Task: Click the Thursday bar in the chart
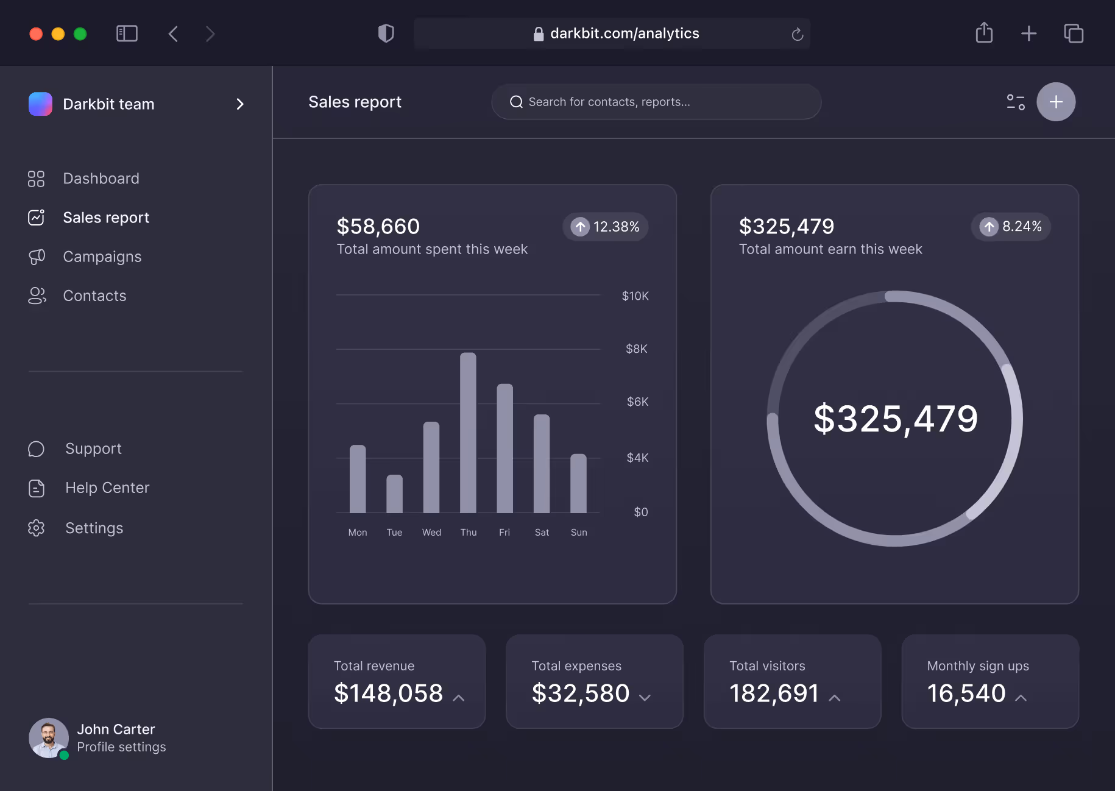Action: click(468, 433)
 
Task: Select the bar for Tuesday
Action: click(394, 494)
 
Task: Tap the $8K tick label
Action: click(636, 349)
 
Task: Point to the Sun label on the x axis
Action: click(579, 532)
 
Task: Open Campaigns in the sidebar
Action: click(102, 257)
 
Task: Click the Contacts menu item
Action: click(94, 296)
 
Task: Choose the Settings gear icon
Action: click(37, 528)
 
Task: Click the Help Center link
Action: click(107, 488)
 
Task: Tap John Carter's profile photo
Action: click(49, 737)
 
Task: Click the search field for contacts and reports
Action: click(656, 102)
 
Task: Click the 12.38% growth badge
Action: click(605, 227)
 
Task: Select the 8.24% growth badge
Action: click(1010, 227)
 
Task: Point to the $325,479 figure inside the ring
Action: click(895, 419)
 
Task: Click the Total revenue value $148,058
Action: click(388, 693)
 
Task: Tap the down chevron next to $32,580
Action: click(645, 697)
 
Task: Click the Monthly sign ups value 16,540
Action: click(966, 693)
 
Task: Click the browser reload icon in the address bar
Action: click(797, 34)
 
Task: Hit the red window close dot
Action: click(36, 34)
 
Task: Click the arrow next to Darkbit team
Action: click(240, 104)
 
